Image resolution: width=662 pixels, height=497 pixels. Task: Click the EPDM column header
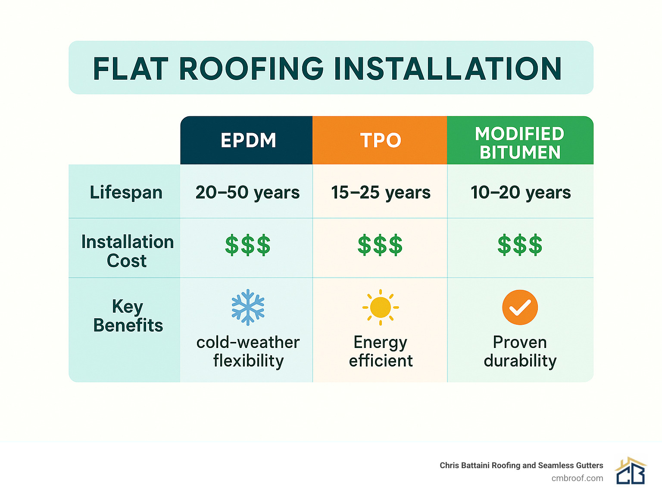tap(248, 140)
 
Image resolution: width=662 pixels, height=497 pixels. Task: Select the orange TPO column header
tap(380, 140)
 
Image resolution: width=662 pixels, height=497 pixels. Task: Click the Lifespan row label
tap(126, 192)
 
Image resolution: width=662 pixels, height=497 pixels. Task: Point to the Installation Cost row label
tap(127, 251)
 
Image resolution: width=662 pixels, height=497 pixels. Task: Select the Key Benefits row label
tap(128, 316)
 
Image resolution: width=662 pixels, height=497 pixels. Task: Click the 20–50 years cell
tap(247, 192)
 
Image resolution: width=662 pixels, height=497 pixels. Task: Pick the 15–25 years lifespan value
tap(381, 192)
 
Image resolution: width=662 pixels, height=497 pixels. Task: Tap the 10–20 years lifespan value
tap(520, 192)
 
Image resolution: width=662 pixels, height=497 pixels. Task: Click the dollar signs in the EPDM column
tap(248, 245)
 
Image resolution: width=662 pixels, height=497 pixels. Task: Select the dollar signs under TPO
tap(380, 245)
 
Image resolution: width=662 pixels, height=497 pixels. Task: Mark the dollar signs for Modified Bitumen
tap(520, 245)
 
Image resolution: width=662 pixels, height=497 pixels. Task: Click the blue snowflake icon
tap(248, 307)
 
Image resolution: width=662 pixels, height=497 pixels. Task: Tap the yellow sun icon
tap(380, 307)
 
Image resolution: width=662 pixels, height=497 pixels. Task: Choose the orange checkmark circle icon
tap(520, 307)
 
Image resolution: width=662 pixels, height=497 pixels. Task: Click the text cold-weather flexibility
tap(248, 351)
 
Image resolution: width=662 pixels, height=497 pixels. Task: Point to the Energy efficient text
tap(381, 351)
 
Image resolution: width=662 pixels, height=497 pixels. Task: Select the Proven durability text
tap(520, 351)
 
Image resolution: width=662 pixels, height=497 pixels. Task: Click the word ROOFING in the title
tap(251, 68)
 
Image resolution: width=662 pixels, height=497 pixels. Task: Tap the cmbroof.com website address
tap(577, 478)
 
